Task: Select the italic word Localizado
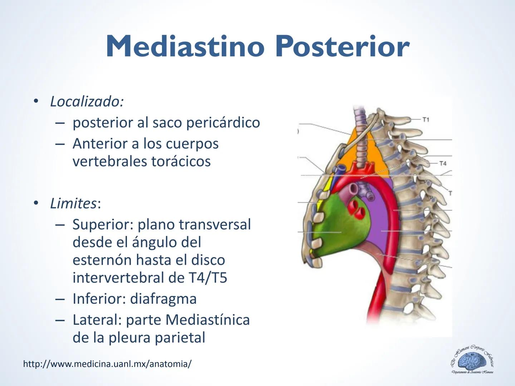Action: click(x=87, y=102)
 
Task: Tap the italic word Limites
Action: click(x=73, y=203)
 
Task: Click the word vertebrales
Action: click(x=109, y=161)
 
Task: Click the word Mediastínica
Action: click(x=208, y=320)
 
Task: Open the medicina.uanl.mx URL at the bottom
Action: click(x=107, y=364)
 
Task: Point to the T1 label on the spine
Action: click(x=426, y=119)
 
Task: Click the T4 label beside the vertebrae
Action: click(x=443, y=163)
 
